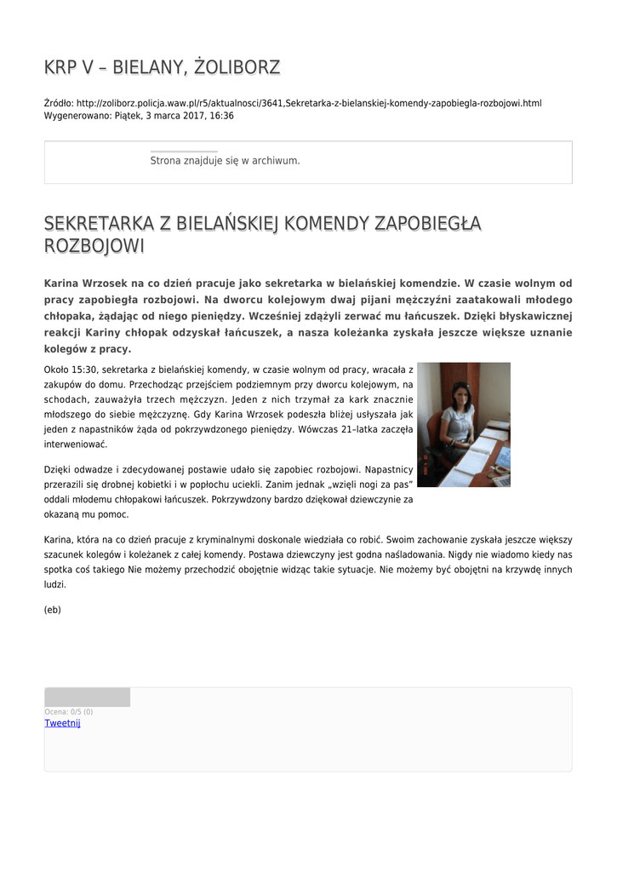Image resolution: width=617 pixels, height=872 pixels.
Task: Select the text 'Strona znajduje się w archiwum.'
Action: coord(225,160)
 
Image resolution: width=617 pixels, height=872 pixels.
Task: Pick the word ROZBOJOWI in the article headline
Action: coord(94,246)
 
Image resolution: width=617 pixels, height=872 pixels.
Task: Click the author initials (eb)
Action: coord(52,610)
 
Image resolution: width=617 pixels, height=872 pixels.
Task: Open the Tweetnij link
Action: coord(62,723)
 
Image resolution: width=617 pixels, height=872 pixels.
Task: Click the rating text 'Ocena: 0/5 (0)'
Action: coord(69,712)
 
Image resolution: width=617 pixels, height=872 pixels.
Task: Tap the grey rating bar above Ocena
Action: coord(88,697)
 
